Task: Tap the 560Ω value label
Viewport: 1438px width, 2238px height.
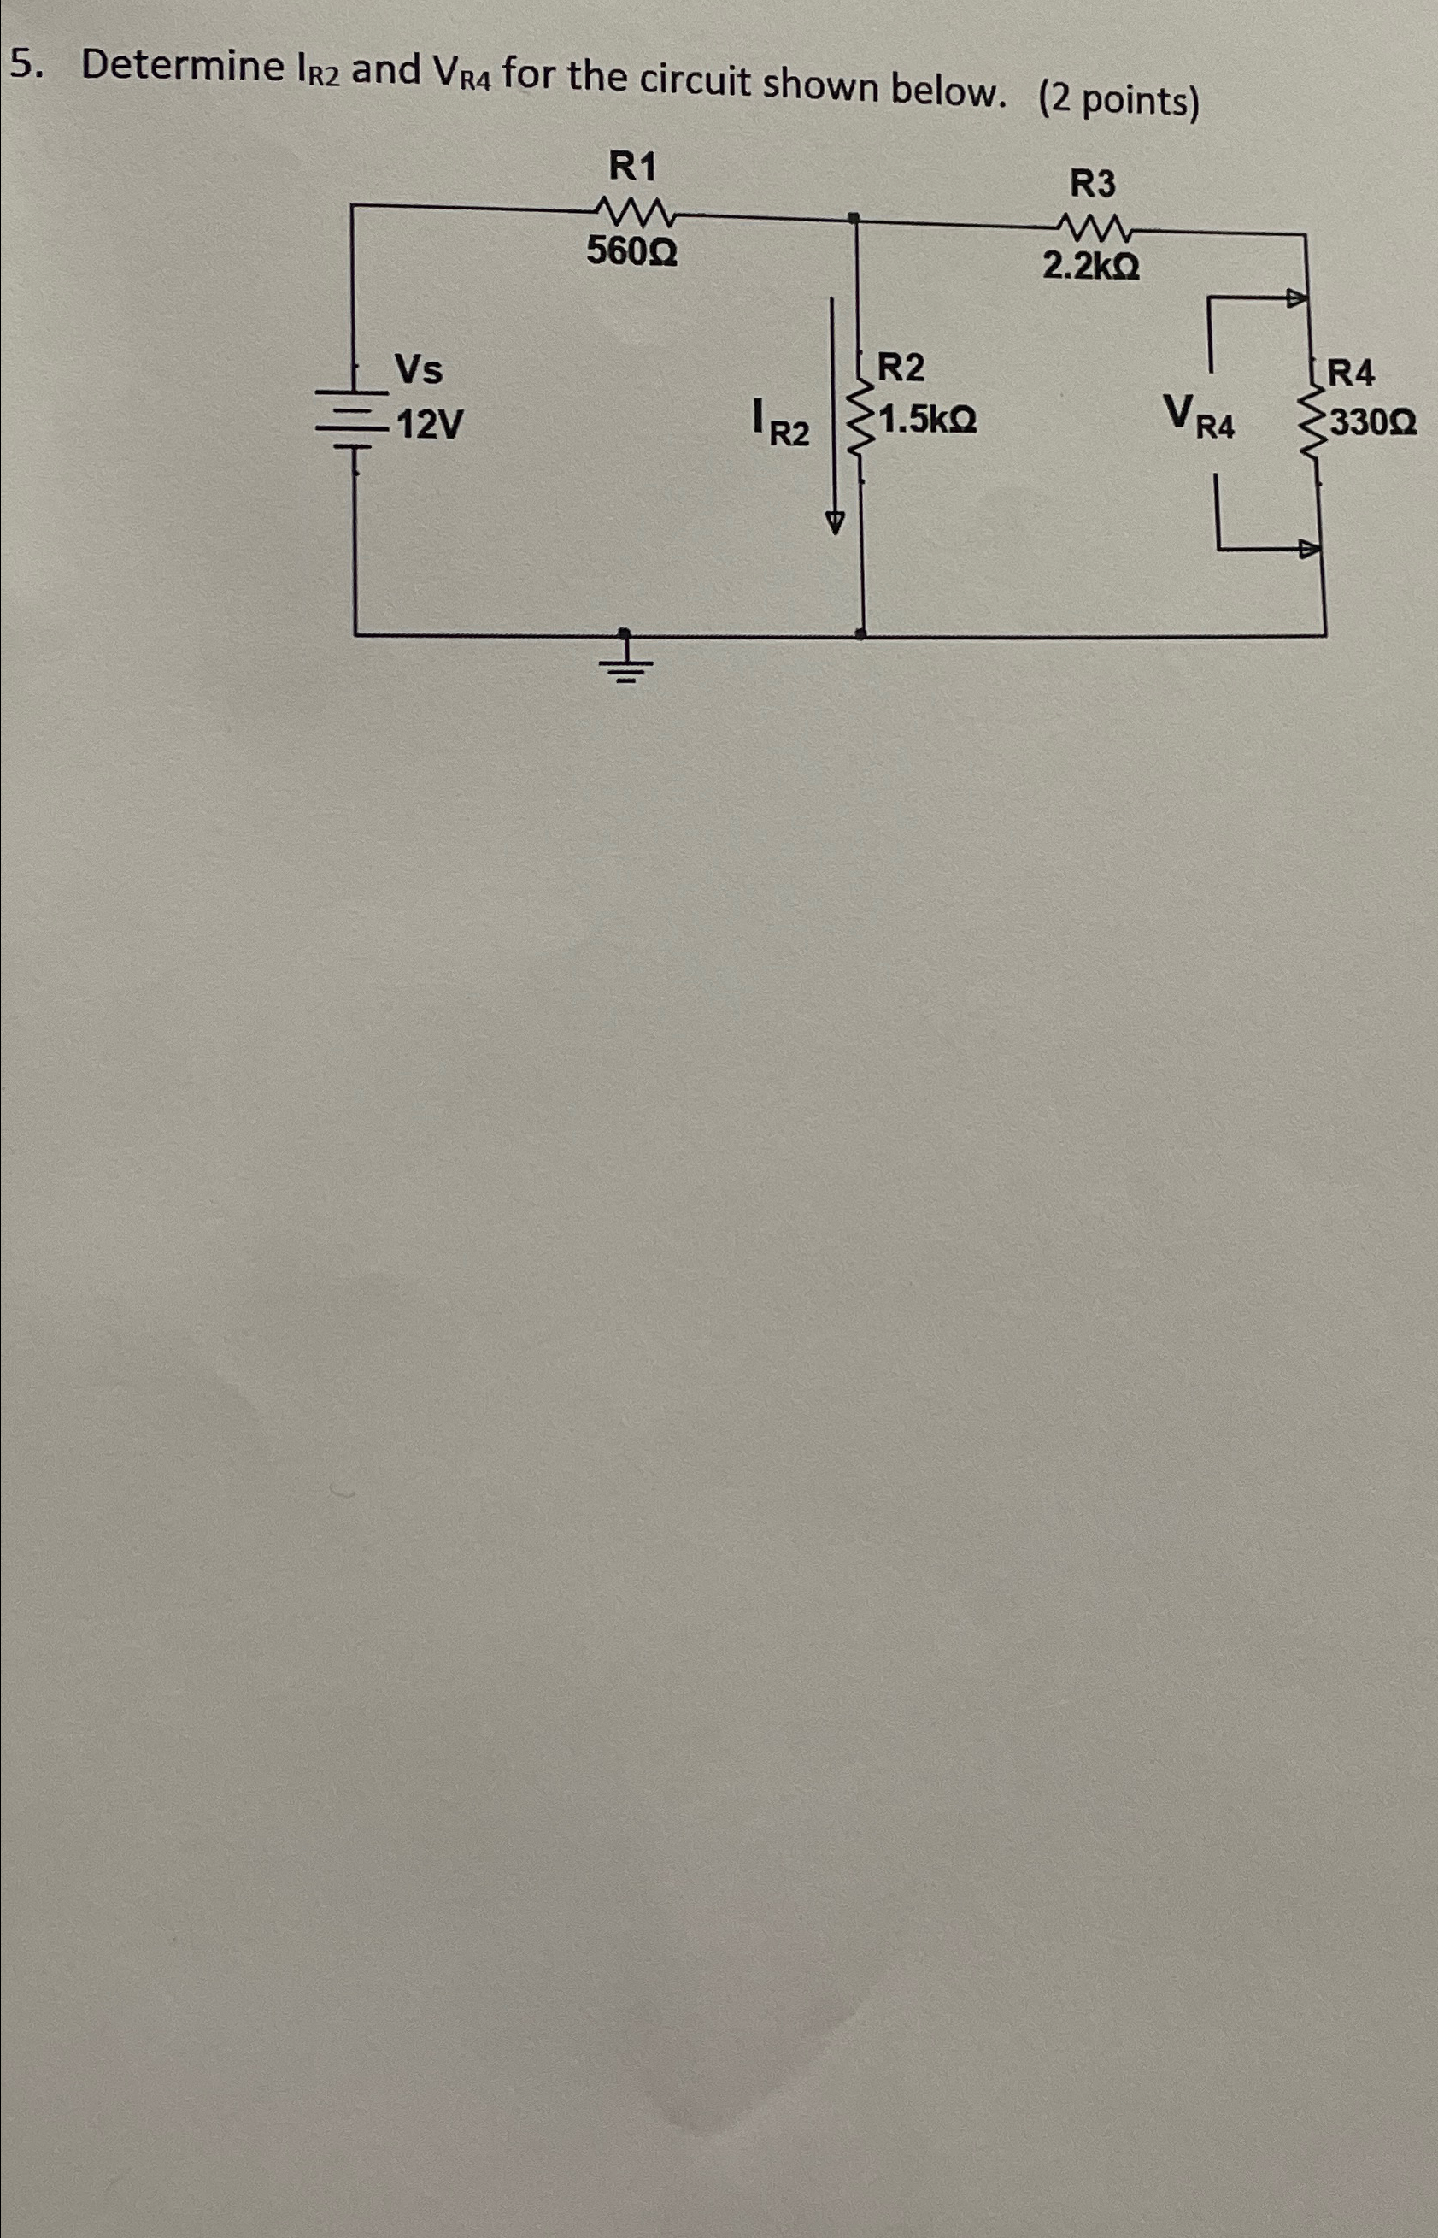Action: click(632, 250)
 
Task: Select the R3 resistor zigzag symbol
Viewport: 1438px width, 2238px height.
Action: click(1094, 227)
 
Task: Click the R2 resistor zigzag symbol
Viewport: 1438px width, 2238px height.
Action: click(855, 426)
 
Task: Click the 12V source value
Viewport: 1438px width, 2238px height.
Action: click(429, 427)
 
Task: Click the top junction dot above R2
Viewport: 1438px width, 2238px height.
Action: click(854, 219)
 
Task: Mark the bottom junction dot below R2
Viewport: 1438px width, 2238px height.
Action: click(861, 634)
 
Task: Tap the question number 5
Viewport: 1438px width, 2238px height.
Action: click(26, 63)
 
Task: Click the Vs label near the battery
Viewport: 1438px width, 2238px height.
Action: click(419, 370)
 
